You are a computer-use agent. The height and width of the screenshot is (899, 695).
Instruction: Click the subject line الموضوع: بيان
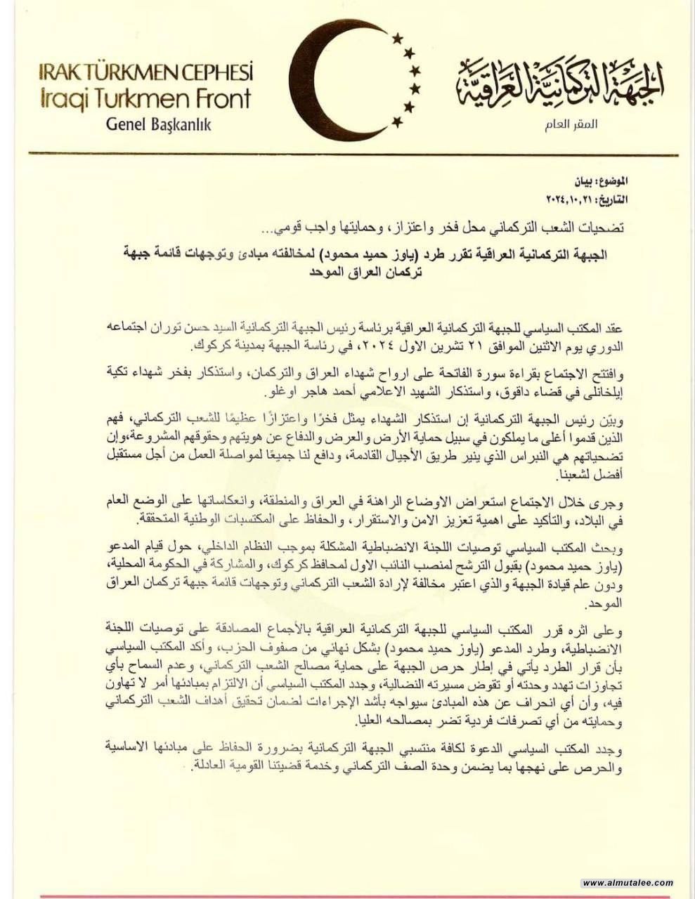637,181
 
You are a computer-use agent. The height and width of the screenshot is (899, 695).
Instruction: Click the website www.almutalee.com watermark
628,883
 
